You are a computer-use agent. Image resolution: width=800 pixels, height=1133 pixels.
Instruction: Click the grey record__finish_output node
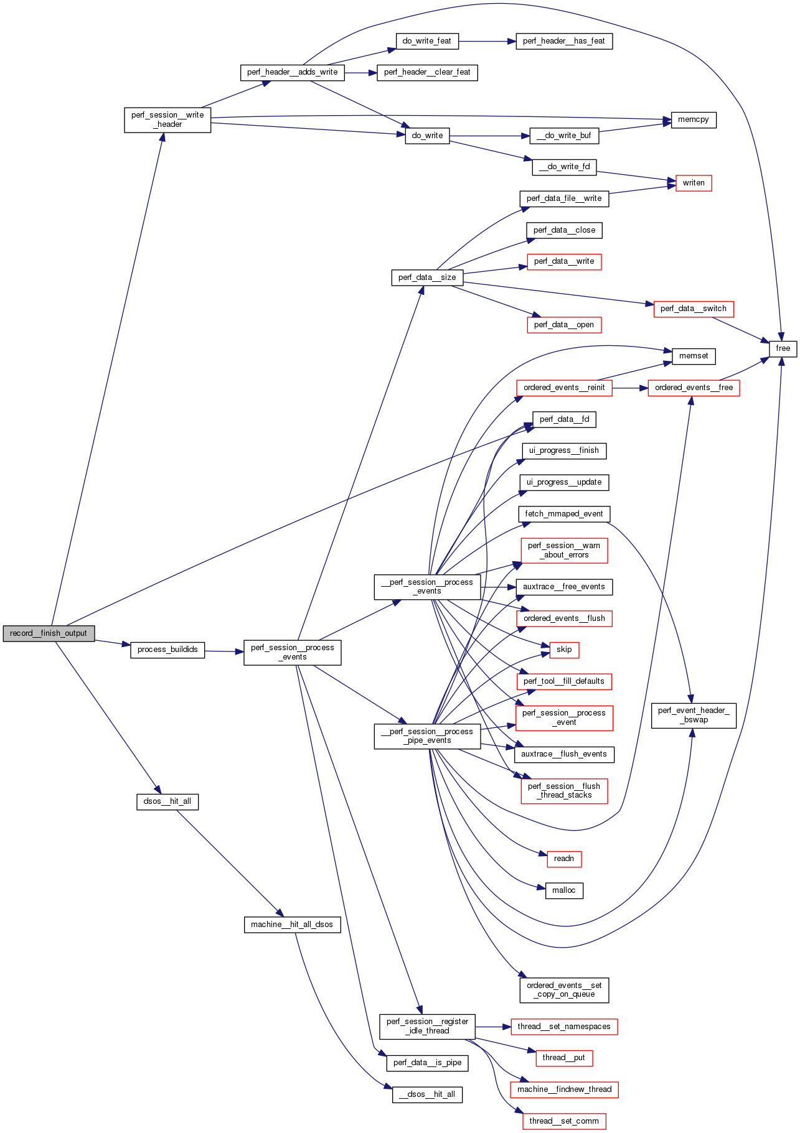tap(49, 633)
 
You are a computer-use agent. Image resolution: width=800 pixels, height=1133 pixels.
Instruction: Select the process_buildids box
tap(167, 650)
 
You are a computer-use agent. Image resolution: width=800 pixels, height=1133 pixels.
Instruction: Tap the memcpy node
tap(694, 119)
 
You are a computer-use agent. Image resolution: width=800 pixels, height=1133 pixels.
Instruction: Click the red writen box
tap(694, 183)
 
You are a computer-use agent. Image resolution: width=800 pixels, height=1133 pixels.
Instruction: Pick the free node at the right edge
tap(783, 348)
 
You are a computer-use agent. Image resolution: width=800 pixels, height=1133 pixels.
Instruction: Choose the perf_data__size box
tap(427, 277)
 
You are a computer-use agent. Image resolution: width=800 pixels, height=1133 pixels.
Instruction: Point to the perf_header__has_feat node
tap(564, 41)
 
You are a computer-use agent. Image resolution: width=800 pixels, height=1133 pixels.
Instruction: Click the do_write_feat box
tap(427, 41)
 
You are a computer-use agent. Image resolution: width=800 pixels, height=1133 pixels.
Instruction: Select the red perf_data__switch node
tap(694, 309)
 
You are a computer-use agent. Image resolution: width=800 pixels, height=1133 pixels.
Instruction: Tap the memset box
tap(694, 356)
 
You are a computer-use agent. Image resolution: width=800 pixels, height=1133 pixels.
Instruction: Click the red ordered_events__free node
tap(694, 388)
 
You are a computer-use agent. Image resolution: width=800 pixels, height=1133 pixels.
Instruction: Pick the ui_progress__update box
tap(564, 482)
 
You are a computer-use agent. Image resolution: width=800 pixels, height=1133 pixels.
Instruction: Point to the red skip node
tap(564, 650)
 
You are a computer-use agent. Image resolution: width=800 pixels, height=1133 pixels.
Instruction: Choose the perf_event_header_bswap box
tap(694, 715)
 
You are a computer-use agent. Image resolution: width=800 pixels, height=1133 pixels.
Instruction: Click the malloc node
tap(564, 890)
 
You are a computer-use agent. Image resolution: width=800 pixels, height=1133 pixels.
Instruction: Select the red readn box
tap(564, 859)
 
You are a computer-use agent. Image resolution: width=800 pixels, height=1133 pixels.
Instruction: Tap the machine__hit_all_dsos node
tap(292, 925)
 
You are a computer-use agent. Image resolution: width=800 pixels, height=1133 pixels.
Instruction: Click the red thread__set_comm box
tap(564, 1121)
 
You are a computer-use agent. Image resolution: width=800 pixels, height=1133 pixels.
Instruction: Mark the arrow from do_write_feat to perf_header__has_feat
tap(487, 41)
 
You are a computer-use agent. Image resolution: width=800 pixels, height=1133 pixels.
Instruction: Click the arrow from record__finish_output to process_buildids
tap(113, 643)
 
